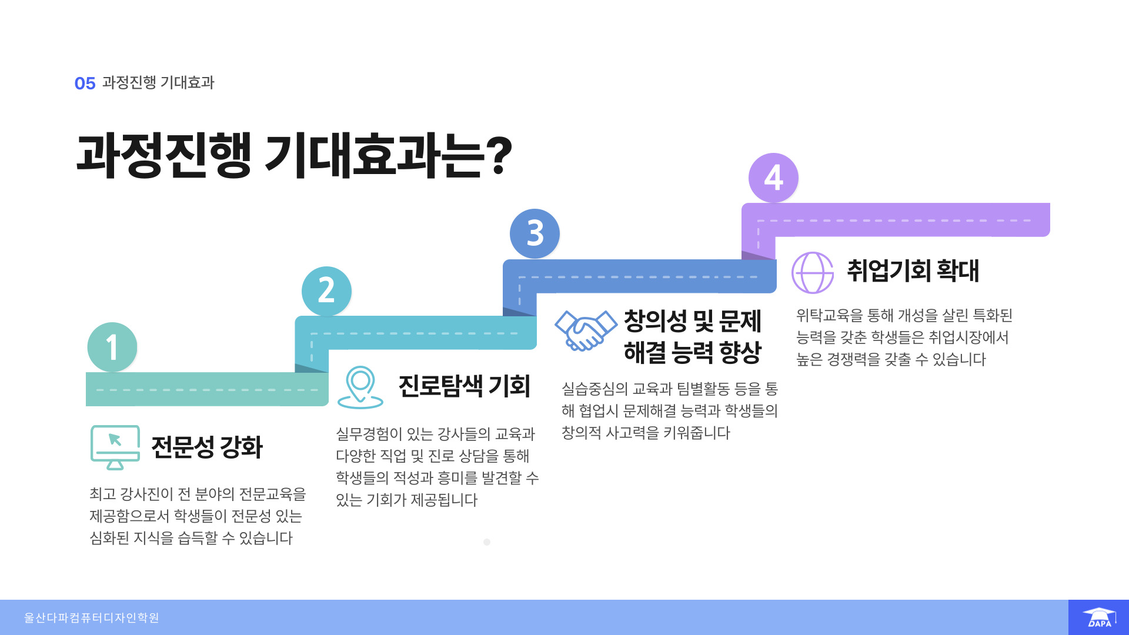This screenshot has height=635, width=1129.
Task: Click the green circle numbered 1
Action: pos(112,347)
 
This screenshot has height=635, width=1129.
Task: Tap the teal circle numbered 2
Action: pos(326,291)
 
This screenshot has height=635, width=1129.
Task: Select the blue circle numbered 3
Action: pos(535,233)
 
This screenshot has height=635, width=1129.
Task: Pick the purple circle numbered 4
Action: pos(773,178)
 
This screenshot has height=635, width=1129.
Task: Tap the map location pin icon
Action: pos(360,387)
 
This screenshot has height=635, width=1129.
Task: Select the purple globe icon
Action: pos(813,272)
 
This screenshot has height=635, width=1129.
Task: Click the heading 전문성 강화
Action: pos(207,447)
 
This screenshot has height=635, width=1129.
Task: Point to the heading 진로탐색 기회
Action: pos(465,386)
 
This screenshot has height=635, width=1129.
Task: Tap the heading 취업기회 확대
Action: pos(913,270)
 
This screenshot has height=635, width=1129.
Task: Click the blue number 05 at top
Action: pos(85,83)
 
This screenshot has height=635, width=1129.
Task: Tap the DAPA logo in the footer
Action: pos(1098,617)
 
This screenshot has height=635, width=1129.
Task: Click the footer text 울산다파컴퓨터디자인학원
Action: pos(92,617)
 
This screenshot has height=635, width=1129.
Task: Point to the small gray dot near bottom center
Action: pos(487,542)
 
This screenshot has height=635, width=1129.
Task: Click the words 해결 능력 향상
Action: pos(693,353)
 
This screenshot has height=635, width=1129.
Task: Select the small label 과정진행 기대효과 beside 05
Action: pos(158,82)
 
